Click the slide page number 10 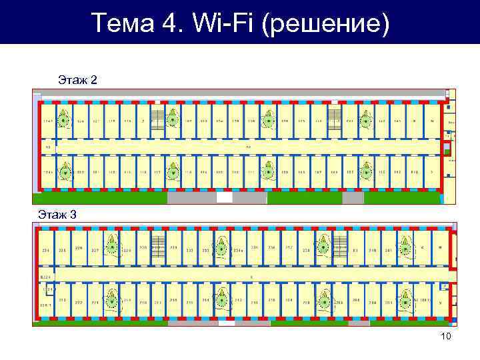point(445,336)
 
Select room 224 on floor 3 point(46,251)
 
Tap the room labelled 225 point(63,251)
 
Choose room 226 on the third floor point(79,249)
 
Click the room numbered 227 point(95,251)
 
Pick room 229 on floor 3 point(127,251)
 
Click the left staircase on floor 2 point(157,120)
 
